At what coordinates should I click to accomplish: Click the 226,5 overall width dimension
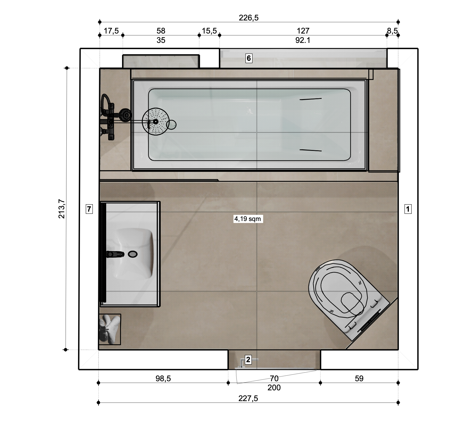tap(249, 18)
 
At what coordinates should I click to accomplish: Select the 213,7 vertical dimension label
tap(62, 209)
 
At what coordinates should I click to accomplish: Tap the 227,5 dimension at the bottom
tap(248, 399)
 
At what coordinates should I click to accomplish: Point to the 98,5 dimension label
tap(163, 378)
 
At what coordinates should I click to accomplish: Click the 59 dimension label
tap(359, 378)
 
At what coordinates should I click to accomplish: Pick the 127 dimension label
tap(303, 31)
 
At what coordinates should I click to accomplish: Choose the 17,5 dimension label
tap(111, 31)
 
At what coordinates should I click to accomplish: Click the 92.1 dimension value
tap(303, 40)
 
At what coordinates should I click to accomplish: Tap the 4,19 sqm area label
tap(248, 219)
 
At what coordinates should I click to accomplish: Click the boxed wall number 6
tap(249, 58)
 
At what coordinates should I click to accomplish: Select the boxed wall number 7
tap(89, 209)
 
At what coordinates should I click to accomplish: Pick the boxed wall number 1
tap(408, 209)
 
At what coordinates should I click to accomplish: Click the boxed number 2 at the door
tap(248, 360)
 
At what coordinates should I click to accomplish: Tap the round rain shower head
tap(156, 122)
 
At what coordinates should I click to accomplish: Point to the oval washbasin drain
tap(133, 254)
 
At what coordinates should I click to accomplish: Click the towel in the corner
tap(110, 329)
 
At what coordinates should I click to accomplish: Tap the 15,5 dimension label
tap(209, 31)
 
